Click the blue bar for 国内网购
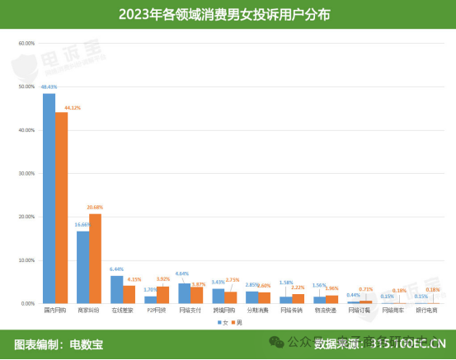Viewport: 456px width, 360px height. (x=49, y=199)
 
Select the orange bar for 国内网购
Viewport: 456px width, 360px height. (x=62, y=208)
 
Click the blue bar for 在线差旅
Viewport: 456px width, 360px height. (x=117, y=290)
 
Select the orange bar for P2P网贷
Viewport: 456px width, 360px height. (x=162, y=295)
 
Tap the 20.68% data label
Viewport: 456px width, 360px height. (x=95, y=207)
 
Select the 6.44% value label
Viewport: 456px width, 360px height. (x=115, y=269)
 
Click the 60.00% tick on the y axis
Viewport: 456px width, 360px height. (x=26, y=43)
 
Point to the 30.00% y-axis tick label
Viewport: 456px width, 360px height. (x=26, y=173)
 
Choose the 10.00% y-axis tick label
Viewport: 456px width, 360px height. (x=26, y=260)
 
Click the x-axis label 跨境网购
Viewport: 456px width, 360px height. (x=223, y=311)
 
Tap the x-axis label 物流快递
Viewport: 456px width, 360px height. (x=325, y=311)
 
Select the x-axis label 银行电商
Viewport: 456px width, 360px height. (x=426, y=311)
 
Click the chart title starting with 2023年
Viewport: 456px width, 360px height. (x=228, y=14)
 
